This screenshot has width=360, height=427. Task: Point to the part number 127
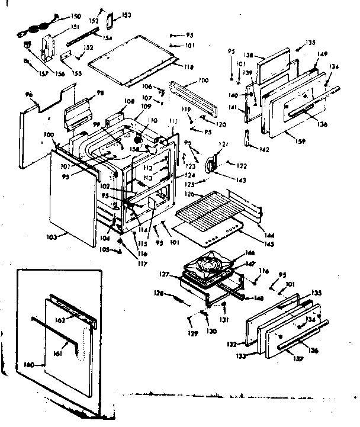click(165, 274)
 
